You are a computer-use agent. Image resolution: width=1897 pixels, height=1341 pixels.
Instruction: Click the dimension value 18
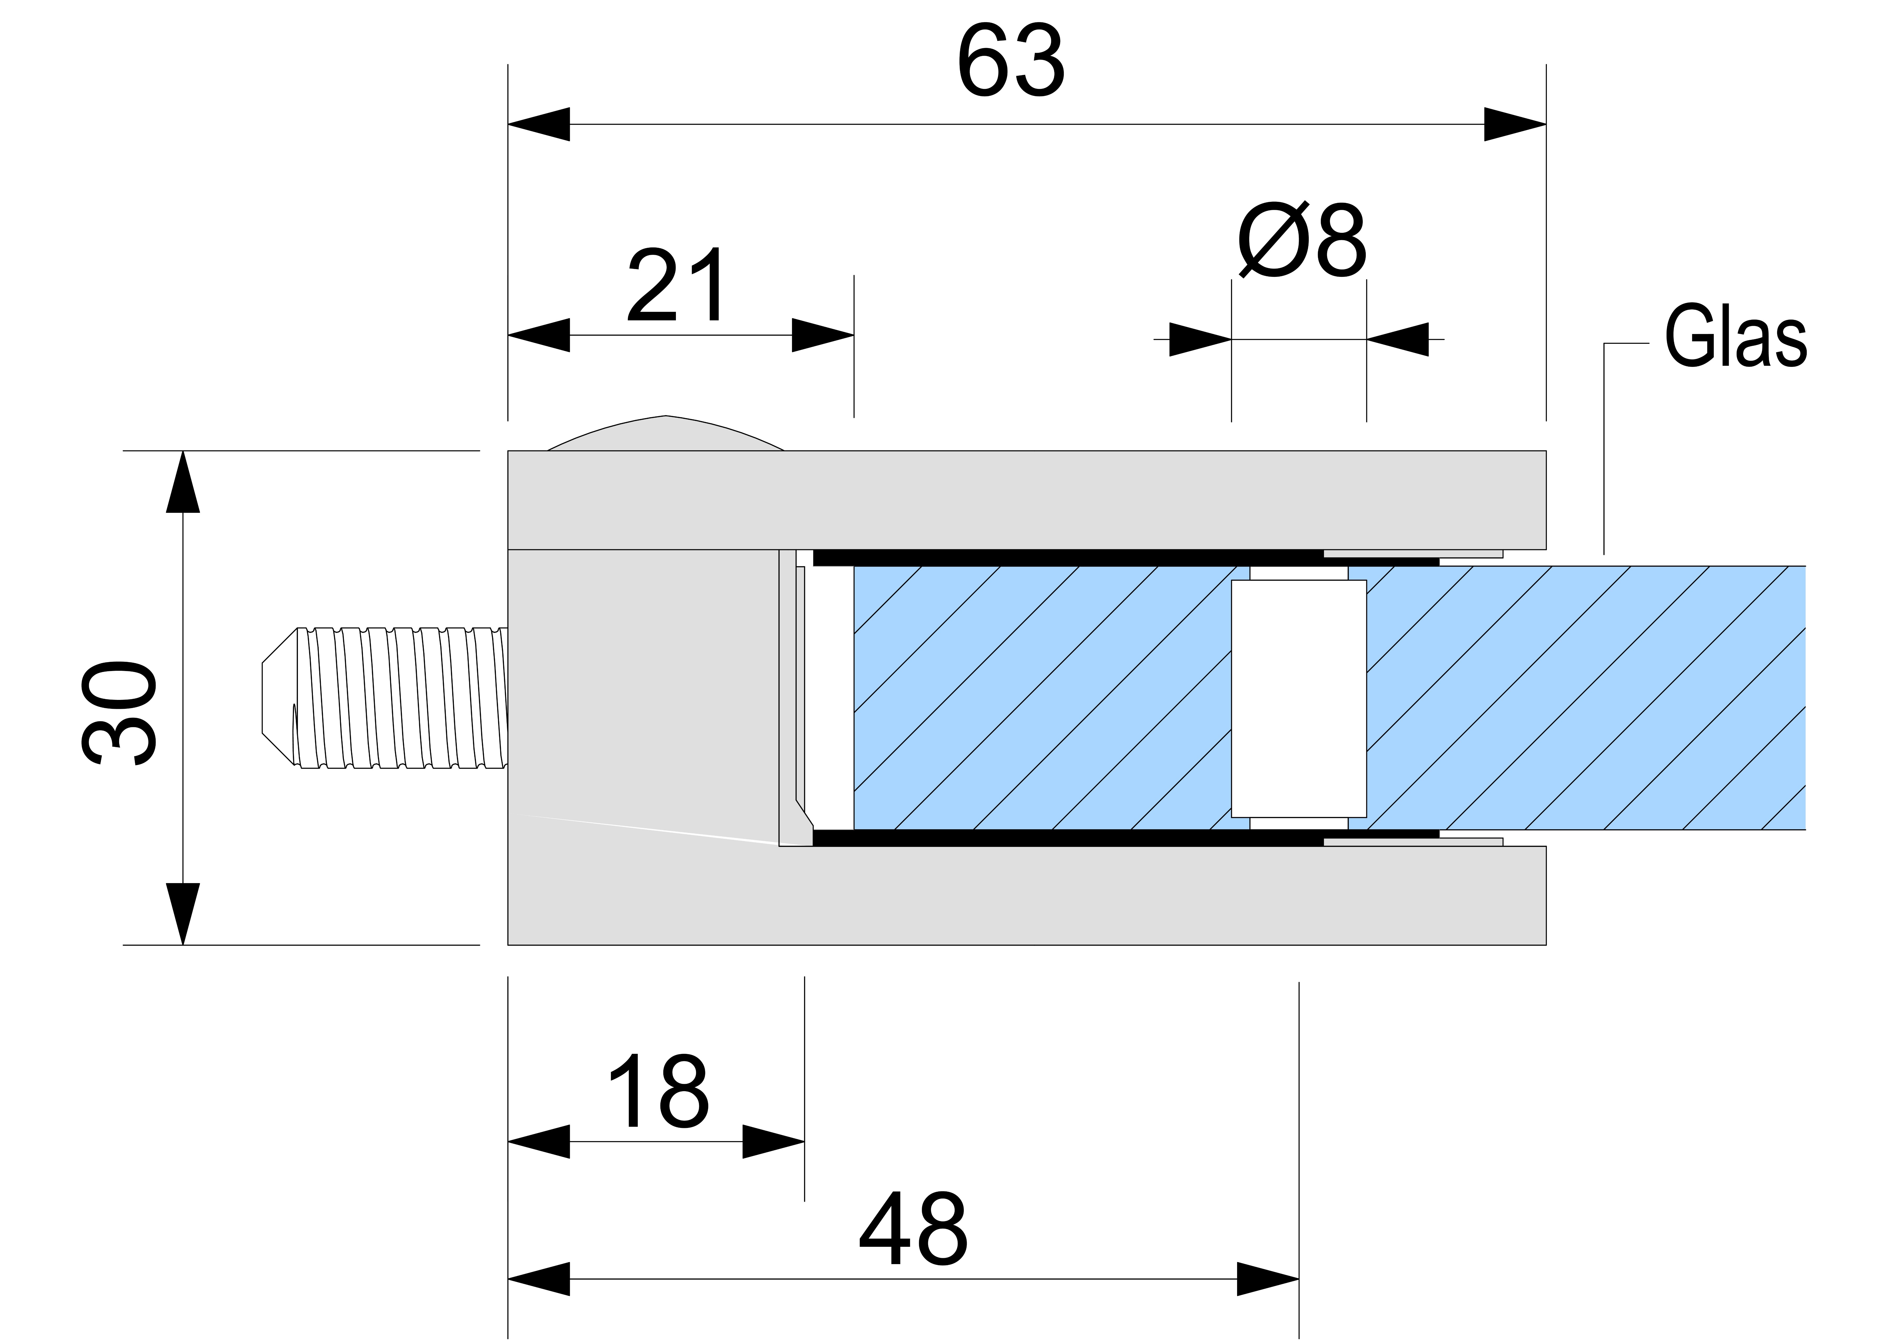(659, 1091)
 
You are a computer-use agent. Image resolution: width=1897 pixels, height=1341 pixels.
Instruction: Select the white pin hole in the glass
(1298, 698)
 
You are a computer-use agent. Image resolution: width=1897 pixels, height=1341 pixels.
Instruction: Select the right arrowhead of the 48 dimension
(1268, 1279)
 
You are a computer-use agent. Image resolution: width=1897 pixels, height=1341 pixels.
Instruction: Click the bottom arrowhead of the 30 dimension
(183, 913)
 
